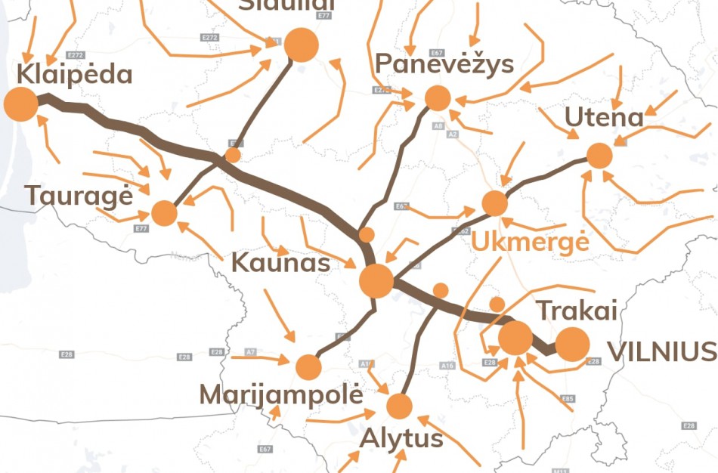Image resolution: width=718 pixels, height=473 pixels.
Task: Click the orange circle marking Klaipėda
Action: pyautogui.click(x=20, y=104)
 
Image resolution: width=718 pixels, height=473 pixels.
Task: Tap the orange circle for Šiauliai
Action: pyautogui.click(x=301, y=45)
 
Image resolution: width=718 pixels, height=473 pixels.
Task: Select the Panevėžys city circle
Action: pyautogui.click(x=438, y=98)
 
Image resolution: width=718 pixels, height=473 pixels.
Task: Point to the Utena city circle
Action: pyautogui.click(x=599, y=156)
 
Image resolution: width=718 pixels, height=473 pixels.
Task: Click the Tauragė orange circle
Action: pyautogui.click(x=164, y=213)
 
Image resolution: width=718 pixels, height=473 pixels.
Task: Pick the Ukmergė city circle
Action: pyautogui.click(x=494, y=203)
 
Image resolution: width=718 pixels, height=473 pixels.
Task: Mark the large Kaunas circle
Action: pyautogui.click(x=376, y=281)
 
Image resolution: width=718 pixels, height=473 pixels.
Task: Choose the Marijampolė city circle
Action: pyautogui.click(x=308, y=367)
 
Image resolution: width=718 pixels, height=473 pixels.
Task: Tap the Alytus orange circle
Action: pyautogui.click(x=399, y=407)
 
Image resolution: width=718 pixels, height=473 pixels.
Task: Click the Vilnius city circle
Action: pyautogui.click(x=572, y=345)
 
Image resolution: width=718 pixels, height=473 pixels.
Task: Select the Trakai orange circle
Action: pyautogui.click(x=516, y=338)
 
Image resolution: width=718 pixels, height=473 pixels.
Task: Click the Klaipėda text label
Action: pyautogui.click(x=74, y=75)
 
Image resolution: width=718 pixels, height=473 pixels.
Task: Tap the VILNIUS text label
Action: pyautogui.click(x=662, y=351)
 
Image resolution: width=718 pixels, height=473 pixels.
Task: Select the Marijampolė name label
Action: pyautogui.click(x=281, y=395)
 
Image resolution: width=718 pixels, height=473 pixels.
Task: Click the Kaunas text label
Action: pyautogui.click(x=280, y=263)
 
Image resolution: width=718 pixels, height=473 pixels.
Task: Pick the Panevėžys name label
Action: pyautogui.click(x=444, y=64)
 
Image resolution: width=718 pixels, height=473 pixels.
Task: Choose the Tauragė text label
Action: pyautogui.click(x=79, y=196)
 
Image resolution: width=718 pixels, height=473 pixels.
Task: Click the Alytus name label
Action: pyautogui.click(x=401, y=439)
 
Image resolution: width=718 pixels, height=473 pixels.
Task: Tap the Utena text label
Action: pyautogui.click(x=604, y=117)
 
